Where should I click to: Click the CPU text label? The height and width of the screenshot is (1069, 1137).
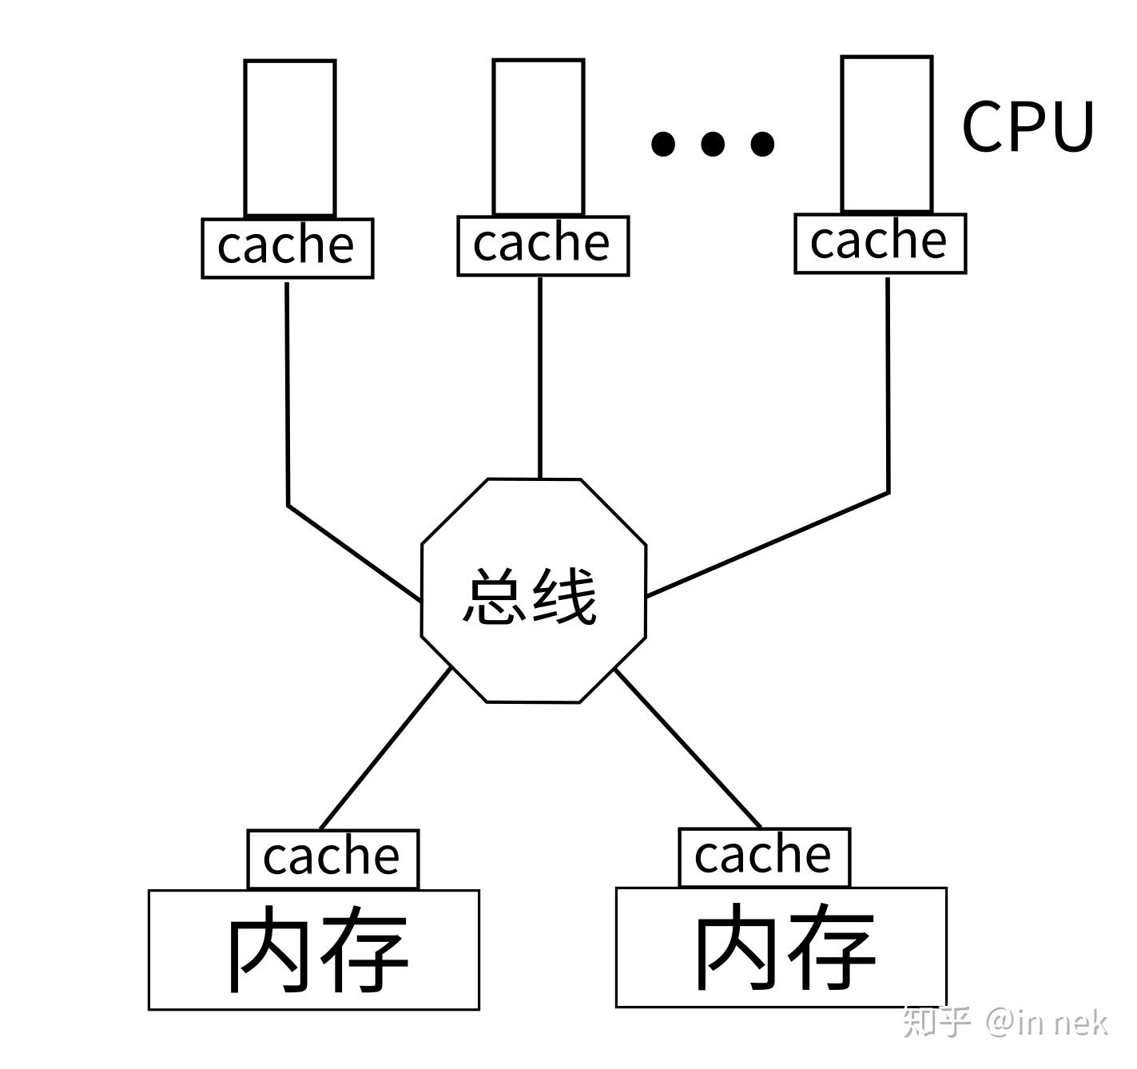pos(1027,126)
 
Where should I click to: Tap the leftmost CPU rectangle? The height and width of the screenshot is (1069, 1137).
pos(289,137)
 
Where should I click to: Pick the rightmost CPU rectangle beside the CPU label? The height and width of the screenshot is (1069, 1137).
pos(887,133)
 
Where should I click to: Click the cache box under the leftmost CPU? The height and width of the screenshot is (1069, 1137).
pos(287,248)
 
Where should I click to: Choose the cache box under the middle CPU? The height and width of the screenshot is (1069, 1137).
pos(543,245)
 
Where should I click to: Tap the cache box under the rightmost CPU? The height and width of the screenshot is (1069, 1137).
pos(880,243)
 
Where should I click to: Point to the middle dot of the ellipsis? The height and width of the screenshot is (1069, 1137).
pos(712,144)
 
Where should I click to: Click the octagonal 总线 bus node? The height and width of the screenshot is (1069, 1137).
pos(533,591)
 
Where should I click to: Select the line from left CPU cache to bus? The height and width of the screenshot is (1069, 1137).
pos(288,399)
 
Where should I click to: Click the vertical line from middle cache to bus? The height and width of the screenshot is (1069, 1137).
pos(540,376)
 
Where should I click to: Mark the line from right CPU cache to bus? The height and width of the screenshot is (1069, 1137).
pos(889,383)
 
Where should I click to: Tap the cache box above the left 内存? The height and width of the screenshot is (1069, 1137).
pos(332,859)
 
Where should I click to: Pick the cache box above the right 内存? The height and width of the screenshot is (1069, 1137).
pos(764,856)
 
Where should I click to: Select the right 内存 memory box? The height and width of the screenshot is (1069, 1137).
pos(781,948)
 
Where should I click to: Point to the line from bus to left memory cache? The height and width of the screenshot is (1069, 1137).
pos(385,749)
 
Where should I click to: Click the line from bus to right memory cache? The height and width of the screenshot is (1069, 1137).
pos(687,748)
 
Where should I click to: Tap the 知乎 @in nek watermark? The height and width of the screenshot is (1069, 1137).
pos(1005,1022)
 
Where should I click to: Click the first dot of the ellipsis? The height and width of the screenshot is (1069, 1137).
pos(662,144)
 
